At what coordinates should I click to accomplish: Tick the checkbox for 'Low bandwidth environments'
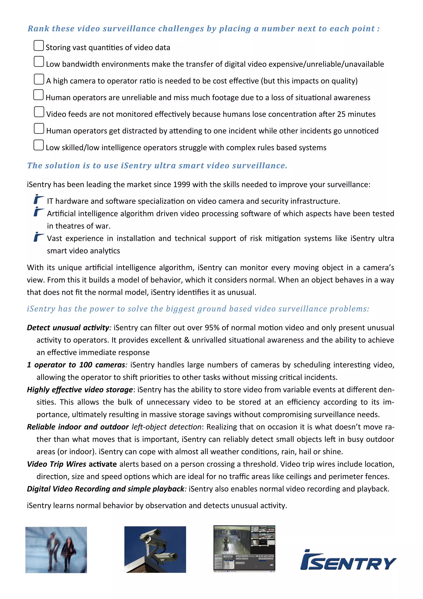click(39, 62)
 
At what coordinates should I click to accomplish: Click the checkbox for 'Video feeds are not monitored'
click(39, 112)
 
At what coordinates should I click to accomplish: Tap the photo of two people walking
click(56, 550)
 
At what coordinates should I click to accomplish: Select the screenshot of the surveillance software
click(244, 549)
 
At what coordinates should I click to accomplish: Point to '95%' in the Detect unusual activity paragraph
click(212, 328)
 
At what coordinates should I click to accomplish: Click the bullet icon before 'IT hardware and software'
click(39, 199)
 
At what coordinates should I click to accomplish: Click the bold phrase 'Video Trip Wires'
click(57, 464)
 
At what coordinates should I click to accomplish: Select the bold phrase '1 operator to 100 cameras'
click(76, 365)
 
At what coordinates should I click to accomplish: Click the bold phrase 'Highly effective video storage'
click(80, 389)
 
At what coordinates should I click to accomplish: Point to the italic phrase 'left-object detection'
click(166, 427)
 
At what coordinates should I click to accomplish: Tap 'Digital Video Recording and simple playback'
click(106, 489)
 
